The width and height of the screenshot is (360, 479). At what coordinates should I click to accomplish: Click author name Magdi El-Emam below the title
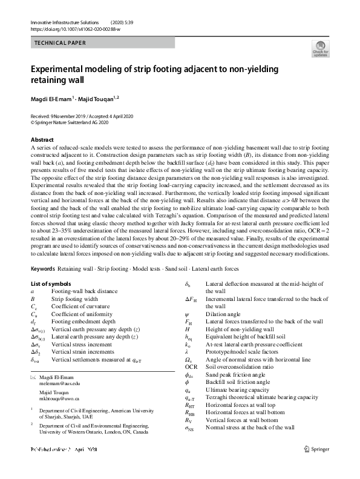(x=51, y=97)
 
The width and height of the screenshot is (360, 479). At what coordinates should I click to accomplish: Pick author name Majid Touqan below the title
(x=97, y=97)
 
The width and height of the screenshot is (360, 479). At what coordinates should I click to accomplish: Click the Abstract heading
(x=42, y=139)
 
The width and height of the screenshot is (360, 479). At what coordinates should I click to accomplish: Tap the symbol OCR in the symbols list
(x=191, y=366)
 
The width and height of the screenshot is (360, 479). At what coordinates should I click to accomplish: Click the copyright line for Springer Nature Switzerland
(x=70, y=121)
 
